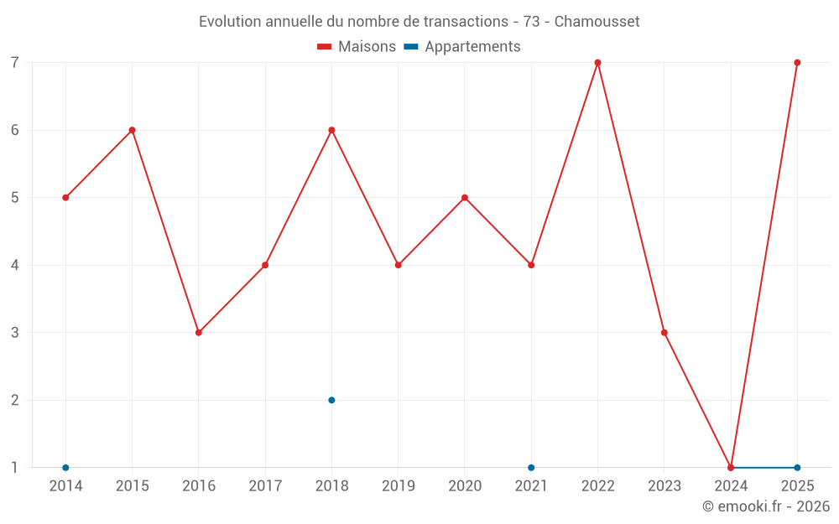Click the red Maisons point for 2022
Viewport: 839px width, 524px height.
click(x=597, y=63)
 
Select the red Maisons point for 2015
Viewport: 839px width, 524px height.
click(x=133, y=130)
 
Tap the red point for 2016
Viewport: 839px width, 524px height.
click(x=199, y=333)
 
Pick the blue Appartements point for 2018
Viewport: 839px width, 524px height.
click(x=331, y=400)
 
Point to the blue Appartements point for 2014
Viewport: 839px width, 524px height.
click(x=65, y=468)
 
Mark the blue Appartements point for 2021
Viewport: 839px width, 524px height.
click(x=531, y=468)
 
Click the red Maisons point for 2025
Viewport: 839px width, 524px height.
click(x=797, y=63)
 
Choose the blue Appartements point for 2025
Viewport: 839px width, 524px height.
click(x=797, y=468)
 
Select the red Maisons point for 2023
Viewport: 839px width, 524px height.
click(x=664, y=333)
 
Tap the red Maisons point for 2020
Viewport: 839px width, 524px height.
click(x=465, y=198)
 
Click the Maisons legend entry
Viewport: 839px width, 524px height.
click(x=357, y=46)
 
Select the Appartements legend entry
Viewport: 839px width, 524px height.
click(x=462, y=46)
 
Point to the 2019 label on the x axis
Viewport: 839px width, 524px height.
click(x=398, y=485)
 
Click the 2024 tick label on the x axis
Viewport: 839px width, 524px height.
click(x=731, y=485)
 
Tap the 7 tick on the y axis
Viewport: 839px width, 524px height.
click(x=14, y=63)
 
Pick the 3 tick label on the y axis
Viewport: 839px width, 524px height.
click(x=14, y=333)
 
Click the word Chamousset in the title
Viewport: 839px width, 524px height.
click(x=597, y=22)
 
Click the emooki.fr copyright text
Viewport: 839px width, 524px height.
click(x=766, y=506)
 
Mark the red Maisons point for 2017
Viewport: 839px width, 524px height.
click(x=265, y=265)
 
